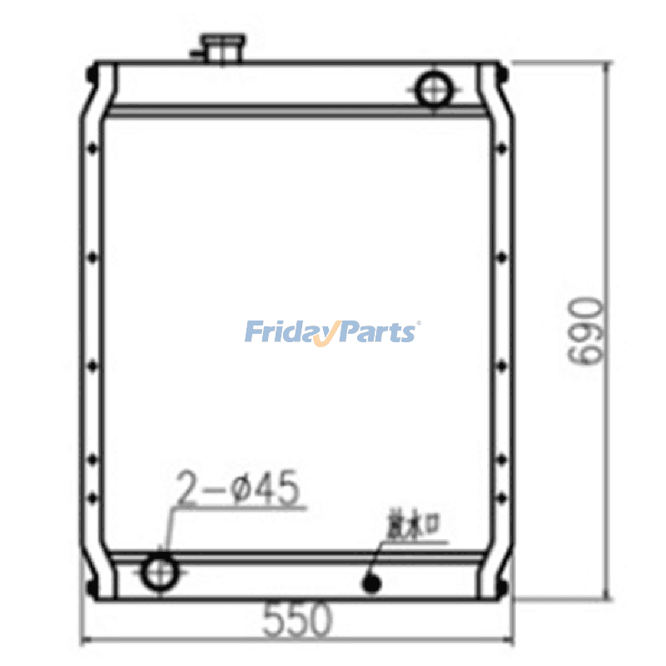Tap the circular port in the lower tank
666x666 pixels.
click(x=158, y=571)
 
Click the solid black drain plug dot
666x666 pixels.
click(x=372, y=583)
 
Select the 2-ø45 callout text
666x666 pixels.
click(x=236, y=490)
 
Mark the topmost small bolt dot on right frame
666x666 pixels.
click(x=502, y=151)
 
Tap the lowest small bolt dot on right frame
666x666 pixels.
click(x=502, y=498)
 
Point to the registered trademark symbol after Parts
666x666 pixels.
click(x=418, y=324)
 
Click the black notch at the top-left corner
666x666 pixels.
click(x=92, y=78)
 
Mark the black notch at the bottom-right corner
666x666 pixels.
click(x=503, y=589)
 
